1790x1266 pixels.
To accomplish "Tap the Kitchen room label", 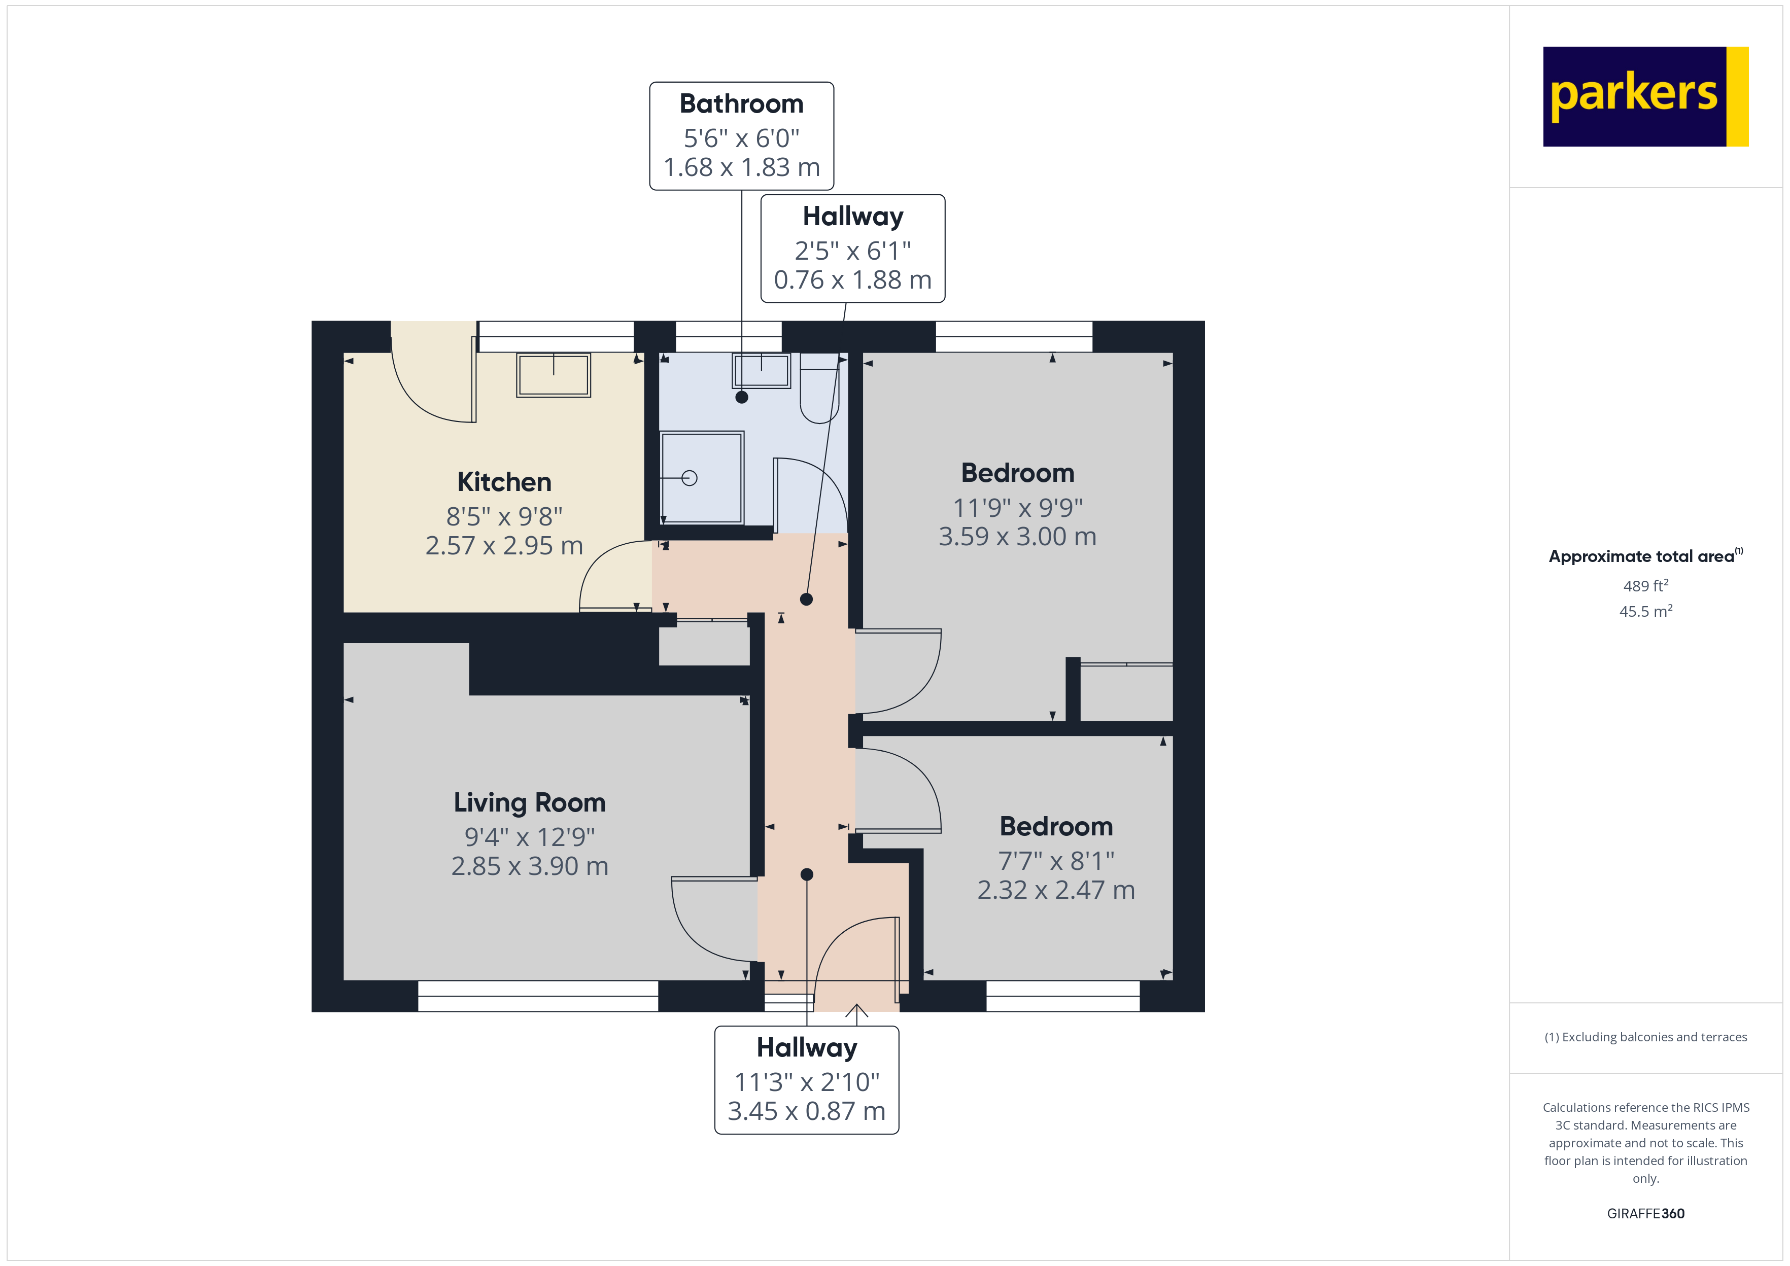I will [x=504, y=482].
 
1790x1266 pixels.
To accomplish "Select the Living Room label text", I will [x=529, y=802].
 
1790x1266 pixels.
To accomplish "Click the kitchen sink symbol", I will [x=554, y=375].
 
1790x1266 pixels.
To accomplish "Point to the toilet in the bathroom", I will [x=819, y=390].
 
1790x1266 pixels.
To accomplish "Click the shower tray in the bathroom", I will [x=701, y=478].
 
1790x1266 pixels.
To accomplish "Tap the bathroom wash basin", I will [x=761, y=371].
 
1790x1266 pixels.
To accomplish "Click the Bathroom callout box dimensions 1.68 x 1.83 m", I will [x=741, y=167].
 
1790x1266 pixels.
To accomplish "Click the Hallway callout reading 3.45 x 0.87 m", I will [x=806, y=1111].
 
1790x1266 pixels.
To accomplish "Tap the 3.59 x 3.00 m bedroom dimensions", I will [x=1017, y=536].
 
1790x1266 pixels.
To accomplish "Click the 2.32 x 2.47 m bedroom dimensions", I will [x=1056, y=890].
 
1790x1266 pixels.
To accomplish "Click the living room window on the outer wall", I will [x=538, y=996].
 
